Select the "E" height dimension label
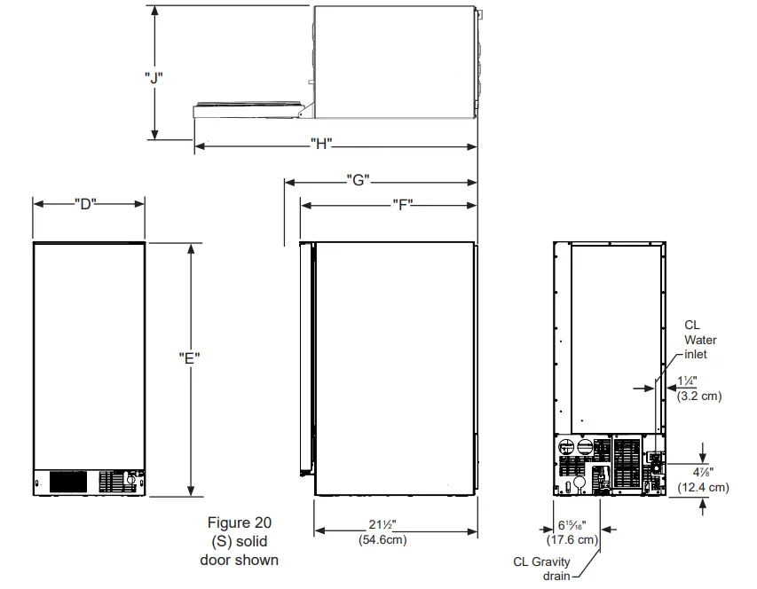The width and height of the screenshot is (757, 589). (189, 357)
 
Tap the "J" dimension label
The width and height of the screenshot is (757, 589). (154, 77)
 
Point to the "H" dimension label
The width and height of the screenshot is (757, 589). (320, 145)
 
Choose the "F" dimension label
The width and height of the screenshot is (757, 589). (403, 204)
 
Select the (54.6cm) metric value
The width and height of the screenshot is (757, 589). (383, 539)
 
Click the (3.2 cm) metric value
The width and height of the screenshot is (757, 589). (699, 397)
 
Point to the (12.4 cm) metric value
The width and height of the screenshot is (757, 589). (704, 487)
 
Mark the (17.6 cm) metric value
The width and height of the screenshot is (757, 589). (572, 538)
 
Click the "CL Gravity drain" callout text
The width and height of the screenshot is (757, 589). (542, 568)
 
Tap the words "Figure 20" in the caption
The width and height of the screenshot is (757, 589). (239, 522)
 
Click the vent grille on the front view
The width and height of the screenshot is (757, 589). (67, 482)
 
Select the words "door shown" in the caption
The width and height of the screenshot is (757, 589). (239, 560)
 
